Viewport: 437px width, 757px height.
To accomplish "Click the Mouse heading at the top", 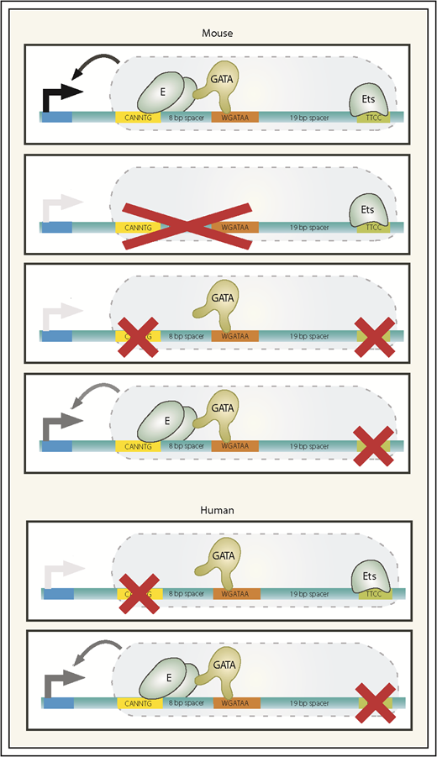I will (x=218, y=34).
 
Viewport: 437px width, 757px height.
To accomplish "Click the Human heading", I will (x=218, y=509).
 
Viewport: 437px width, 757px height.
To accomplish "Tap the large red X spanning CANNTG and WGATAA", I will (x=186, y=223).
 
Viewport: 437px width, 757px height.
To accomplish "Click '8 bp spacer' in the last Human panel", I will (x=187, y=702).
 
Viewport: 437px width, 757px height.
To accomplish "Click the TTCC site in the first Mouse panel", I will (x=373, y=118).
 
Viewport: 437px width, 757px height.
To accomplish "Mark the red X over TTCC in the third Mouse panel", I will (x=375, y=335).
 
